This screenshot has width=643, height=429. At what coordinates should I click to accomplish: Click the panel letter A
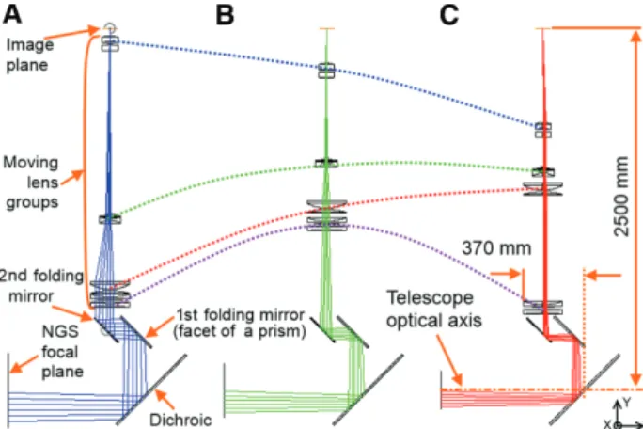click(12, 14)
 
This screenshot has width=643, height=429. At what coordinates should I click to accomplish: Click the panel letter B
click(225, 15)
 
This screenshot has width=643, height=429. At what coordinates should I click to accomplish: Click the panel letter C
click(449, 15)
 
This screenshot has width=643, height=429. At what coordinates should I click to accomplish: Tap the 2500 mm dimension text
click(621, 197)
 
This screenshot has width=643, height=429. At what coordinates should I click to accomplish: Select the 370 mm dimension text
click(496, 248)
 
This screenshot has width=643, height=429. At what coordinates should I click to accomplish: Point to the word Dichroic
click(180, 420)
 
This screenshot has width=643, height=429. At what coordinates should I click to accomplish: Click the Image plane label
click(29, 55)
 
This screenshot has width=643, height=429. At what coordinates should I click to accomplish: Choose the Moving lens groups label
click(31, 183)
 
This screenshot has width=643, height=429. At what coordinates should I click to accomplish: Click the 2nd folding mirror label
click(41, 286)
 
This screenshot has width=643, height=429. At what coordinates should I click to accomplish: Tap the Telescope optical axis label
click(434, 309)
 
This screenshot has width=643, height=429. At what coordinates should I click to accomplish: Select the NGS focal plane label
click(62, 352)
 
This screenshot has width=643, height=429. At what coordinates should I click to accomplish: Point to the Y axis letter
click(627, 403)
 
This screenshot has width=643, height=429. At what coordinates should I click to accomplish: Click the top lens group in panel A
click(110, 43)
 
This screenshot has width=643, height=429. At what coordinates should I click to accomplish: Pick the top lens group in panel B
click(326, 71)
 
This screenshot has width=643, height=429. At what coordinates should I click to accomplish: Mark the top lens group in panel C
click(543, 131)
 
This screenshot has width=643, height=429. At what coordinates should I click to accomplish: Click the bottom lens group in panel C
click(542, 308)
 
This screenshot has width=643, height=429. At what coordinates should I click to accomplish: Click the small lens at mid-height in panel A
click(110, 219)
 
